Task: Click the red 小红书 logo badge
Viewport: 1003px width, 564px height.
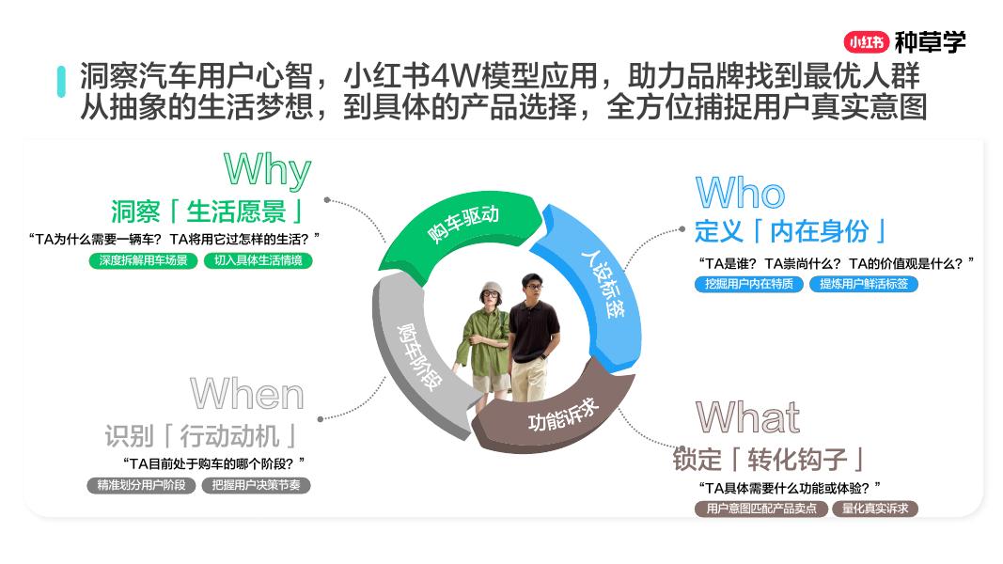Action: coord(866,42)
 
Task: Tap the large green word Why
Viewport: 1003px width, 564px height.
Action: coord(267,170)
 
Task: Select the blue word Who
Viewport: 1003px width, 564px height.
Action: coord(740,195)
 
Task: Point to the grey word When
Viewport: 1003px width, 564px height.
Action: coord(247,395)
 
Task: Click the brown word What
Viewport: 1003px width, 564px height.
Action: coord(747,417)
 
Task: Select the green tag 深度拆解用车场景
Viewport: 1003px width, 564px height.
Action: coord(144,260)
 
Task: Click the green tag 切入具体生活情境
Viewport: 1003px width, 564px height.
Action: coord(258,260)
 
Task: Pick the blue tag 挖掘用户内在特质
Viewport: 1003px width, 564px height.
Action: coord(749,284)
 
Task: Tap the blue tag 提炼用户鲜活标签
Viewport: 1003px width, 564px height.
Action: coord(863,284)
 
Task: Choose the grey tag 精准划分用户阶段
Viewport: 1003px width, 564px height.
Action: coord(142,486)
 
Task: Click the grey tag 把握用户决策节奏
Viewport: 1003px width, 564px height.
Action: coord(256,486)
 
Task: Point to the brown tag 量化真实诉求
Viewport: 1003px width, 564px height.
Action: coord(874,509)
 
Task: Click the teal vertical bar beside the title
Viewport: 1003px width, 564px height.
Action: coord(61,81)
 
